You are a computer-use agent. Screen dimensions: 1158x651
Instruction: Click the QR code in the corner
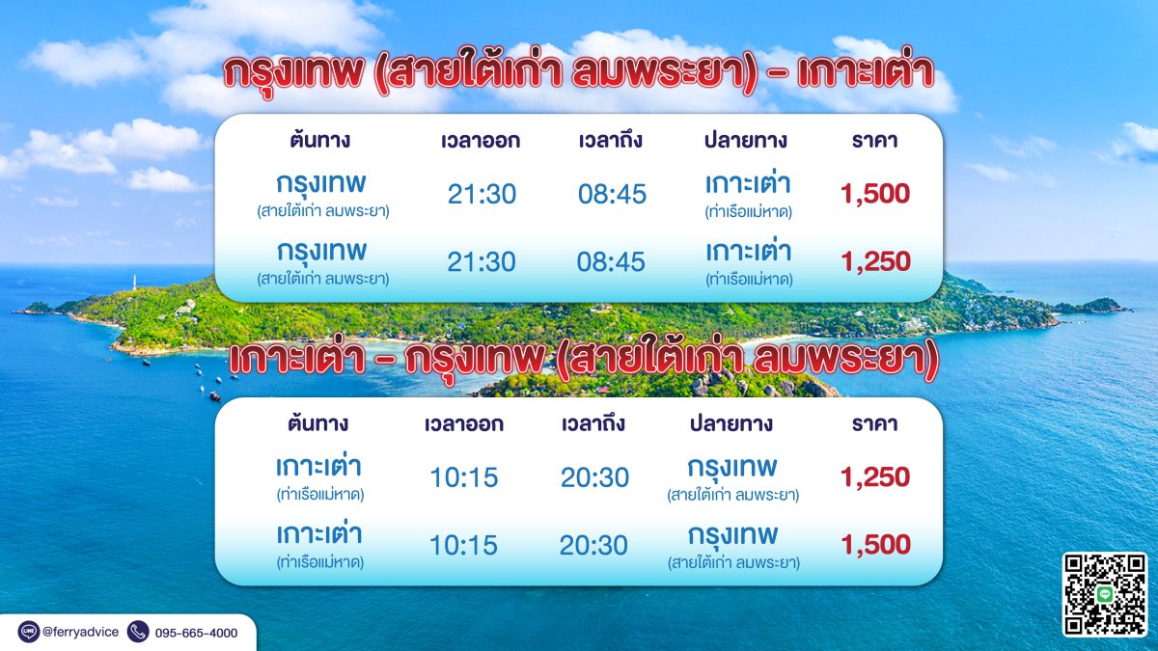pyautogui.click(x=1105, y=594)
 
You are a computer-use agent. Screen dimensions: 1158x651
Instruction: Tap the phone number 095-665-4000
pyautogui.click(x=197, y=633)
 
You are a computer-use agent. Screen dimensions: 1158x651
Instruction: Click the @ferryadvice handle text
pyautogui.click(x=80, y=632)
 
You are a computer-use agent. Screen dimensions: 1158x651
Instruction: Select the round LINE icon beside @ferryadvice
pyautogui.click(x=28, y=632)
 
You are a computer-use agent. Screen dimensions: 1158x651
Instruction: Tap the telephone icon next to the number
pyautogui.click(x=138, y=632)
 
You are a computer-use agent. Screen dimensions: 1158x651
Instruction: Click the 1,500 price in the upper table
pyautogui.click(x=874, y=194)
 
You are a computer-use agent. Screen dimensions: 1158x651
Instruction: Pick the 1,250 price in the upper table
pyautogui.click(x=875, y=261)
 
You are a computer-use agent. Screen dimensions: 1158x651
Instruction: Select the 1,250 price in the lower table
pyautogui.click(x=874, y=476)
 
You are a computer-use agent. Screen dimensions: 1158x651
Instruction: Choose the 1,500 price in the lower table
pyautogui.click(x=875, y=545)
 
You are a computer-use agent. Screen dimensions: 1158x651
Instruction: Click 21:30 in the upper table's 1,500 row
pyautogui.click(x=482, y=194)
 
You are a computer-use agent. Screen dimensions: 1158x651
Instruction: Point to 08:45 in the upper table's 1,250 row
pyautogui.click(x=611, y=262)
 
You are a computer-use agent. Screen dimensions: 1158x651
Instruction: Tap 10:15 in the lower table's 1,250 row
pyautogui.click(x=464, y=477)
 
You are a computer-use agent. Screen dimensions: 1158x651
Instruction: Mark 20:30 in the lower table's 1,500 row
pyautogui.click(x=593, y=545)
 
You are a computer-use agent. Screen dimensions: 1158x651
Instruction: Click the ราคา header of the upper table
pyautogui.click(x=874, y=141)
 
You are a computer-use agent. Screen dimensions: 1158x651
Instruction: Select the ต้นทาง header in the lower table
pyautogui.click(x=317, y=423)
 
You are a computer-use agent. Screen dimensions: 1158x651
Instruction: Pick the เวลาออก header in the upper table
pyautogui.click(x=481, y=141)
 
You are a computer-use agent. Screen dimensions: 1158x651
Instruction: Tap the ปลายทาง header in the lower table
pyautogui.click(x=731, y=423)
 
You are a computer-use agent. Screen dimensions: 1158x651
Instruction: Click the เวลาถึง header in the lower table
pyautogui.click(x=593, y=424)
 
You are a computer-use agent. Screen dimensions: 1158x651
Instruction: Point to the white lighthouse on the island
pyautogui.click(x=135, y=282)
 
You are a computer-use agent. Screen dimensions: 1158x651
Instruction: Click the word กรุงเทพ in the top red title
pyautogui.click(x=293, y=73)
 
